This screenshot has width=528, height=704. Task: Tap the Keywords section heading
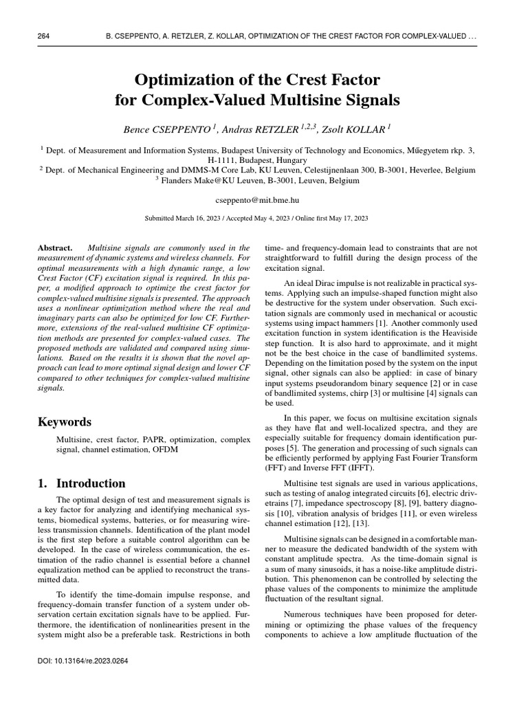click(65, 421)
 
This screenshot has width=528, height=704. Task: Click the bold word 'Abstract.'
click(56, 247)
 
